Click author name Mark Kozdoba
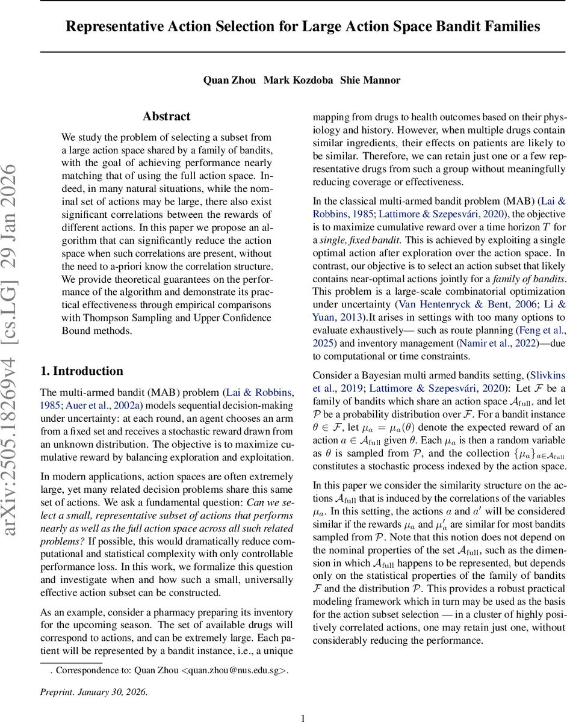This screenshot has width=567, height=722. [299, 80]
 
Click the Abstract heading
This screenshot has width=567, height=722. [167, 117]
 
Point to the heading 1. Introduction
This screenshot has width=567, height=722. [81, 371]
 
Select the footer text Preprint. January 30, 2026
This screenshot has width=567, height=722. [93, 692]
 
